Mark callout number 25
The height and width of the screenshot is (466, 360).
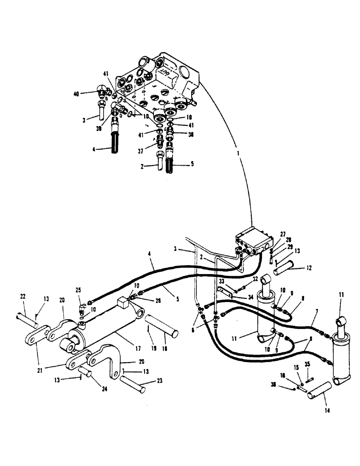click(78, 289)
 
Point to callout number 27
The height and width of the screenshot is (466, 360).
click(282, 234)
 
